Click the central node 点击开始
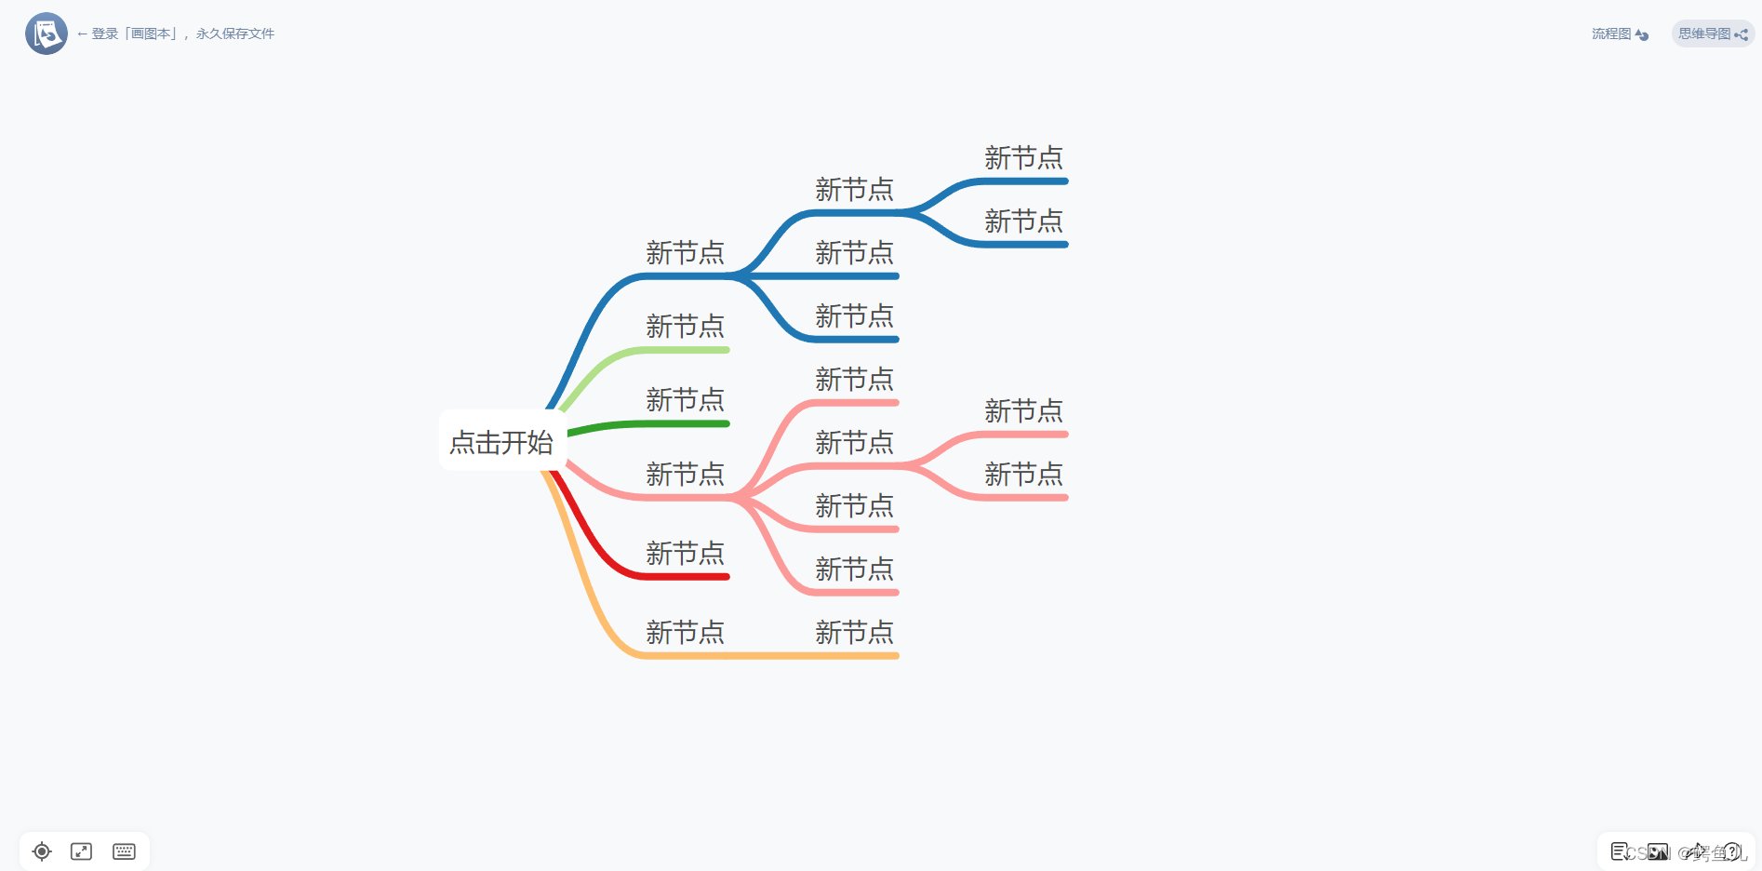click(501, 442)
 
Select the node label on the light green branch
click(685, 327)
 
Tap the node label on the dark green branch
click(685, 400)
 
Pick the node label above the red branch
click(685, 554)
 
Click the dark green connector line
click(651, 424)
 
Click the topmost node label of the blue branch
click(1023, 158)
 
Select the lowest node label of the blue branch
click(854, 316)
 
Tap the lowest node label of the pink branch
click(854, 569)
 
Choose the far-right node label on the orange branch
click(854, 633)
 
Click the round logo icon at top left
click(46, 33)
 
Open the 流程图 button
click(1620, 34)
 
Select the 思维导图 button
click(1712, 34)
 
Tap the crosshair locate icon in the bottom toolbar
click(42, 851)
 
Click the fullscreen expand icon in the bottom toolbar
click(82, 851)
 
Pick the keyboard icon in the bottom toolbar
click(124, 851)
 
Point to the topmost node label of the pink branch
click(854, 380)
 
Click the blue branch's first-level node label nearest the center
click(685, 253)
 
